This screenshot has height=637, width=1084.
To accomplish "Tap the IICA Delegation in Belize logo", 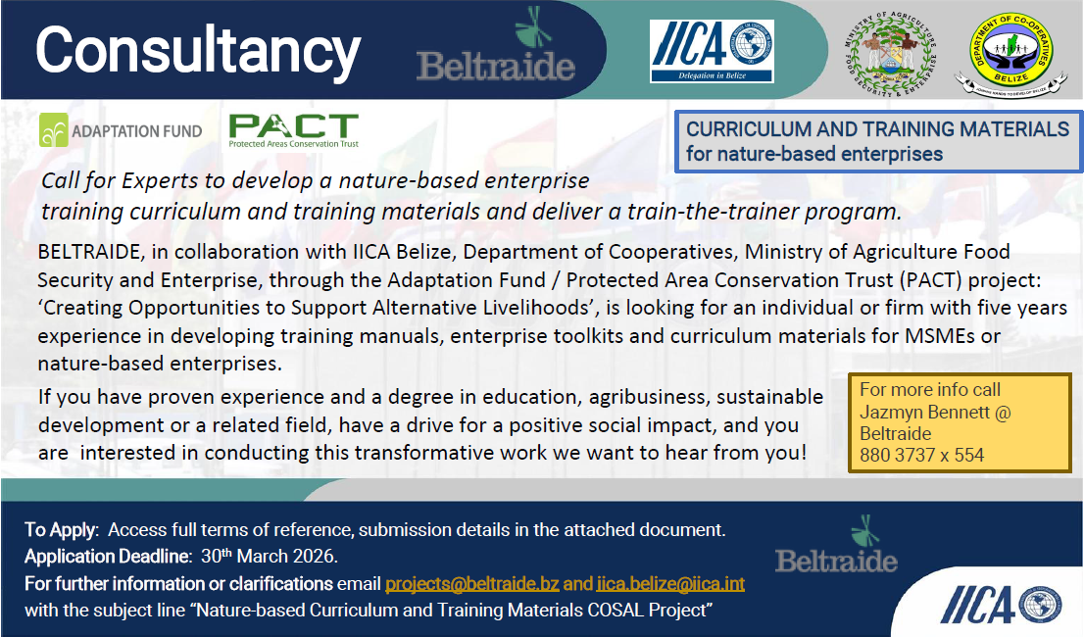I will [712, 50].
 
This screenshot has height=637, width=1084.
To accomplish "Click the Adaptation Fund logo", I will [121, 130].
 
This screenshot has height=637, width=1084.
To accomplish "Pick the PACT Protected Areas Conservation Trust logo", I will [293, 130].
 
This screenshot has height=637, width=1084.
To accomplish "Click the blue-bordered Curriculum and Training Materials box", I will [878, 142].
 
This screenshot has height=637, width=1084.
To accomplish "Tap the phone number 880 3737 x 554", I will [921, 455].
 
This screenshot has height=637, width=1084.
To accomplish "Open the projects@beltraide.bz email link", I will [472, 584].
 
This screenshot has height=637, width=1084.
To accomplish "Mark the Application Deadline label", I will [107, 558].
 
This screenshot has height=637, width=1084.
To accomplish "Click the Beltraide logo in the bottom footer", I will [836, 548].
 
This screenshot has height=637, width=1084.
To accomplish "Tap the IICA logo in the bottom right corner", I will [1000, 605].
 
